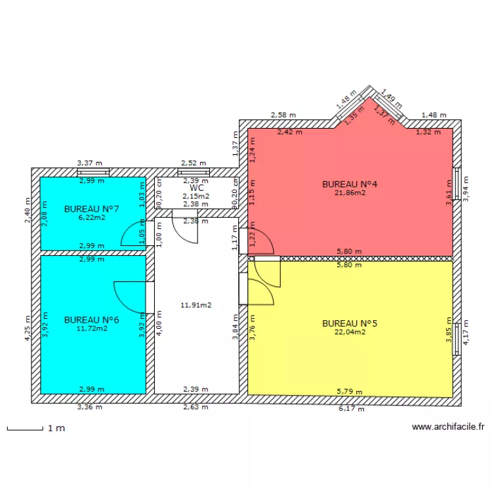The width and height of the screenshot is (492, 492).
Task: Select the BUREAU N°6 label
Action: [91, 319]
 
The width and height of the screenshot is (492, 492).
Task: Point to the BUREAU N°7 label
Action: [91, 209]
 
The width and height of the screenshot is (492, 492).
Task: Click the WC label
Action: [196, 188]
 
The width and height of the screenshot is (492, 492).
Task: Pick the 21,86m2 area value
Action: [350, 193]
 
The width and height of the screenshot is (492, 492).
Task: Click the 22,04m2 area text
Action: [350, 332]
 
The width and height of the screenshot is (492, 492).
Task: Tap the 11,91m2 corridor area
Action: [195, 304]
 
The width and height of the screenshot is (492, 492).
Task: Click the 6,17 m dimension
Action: [350, 408]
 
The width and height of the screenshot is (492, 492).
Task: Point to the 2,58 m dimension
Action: [283, 115]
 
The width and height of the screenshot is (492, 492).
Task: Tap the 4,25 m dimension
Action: [28, 326]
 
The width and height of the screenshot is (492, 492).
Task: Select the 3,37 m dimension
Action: [90, 163]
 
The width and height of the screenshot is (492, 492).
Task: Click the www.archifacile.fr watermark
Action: [448, 426]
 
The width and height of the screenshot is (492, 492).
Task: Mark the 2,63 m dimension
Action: [195, 407]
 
